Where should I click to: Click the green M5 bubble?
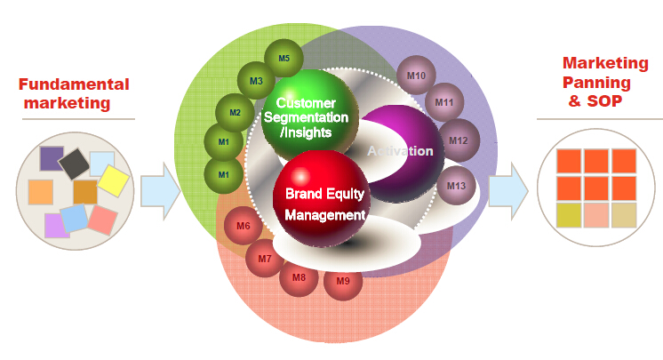pyautogui.click(x=284, y=59)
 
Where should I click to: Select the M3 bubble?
pyautogui.click(x=256, y=81)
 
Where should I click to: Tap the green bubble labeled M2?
pyautogui.click(x=235, y=113)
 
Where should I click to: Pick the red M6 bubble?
pyautogui.click(x=244, y=226)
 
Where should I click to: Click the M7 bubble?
pyautogui.click(x=265, y=259)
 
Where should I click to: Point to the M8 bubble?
pyautogui.click(x=299, y=277)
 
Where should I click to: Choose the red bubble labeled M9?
pyautogui.click(x=343, y=281)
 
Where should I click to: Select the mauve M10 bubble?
pyautogui.click(x=416, y=76)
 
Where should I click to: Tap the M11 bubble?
pyautogui.click(x=444, y=102)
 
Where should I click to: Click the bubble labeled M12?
pyautogui.click(x=459, y=140)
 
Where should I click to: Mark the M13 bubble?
pyautogui.click(x=456, y=186)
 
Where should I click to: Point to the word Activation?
pyautogui.click(x=400, y=151)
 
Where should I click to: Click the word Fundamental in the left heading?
pyautogui.click(x=74, y=84)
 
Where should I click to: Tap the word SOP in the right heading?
pyautogui.click(x=604, y=101)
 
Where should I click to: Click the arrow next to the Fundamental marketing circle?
pyautogui.click(x=160, y=192)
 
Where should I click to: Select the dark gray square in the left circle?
pyautogui.click(x=74, y=164)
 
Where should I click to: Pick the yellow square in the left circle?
pyautogui.click(x=114, y=180)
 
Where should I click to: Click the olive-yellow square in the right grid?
pyautogui.click(x=569, y=215)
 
